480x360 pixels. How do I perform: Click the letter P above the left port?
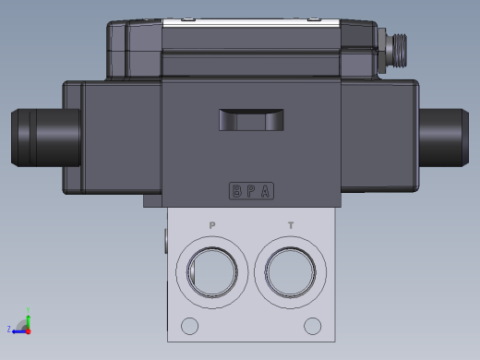pos(212,225)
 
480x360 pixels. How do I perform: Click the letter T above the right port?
pos(292,225)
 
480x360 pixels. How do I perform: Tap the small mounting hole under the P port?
pos(190,326)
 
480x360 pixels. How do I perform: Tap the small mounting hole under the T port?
pos(314,326)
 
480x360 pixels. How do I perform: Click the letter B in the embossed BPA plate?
pos(237,192)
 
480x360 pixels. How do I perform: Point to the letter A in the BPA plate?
pos(266,192)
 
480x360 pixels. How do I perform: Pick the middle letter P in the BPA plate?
pos(252,192)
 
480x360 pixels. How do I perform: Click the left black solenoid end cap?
pos(42,138)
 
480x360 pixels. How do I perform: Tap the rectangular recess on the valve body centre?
pos(251,120)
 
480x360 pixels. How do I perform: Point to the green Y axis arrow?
pos(28,318)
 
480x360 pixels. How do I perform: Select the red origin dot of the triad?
pos(28,329)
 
